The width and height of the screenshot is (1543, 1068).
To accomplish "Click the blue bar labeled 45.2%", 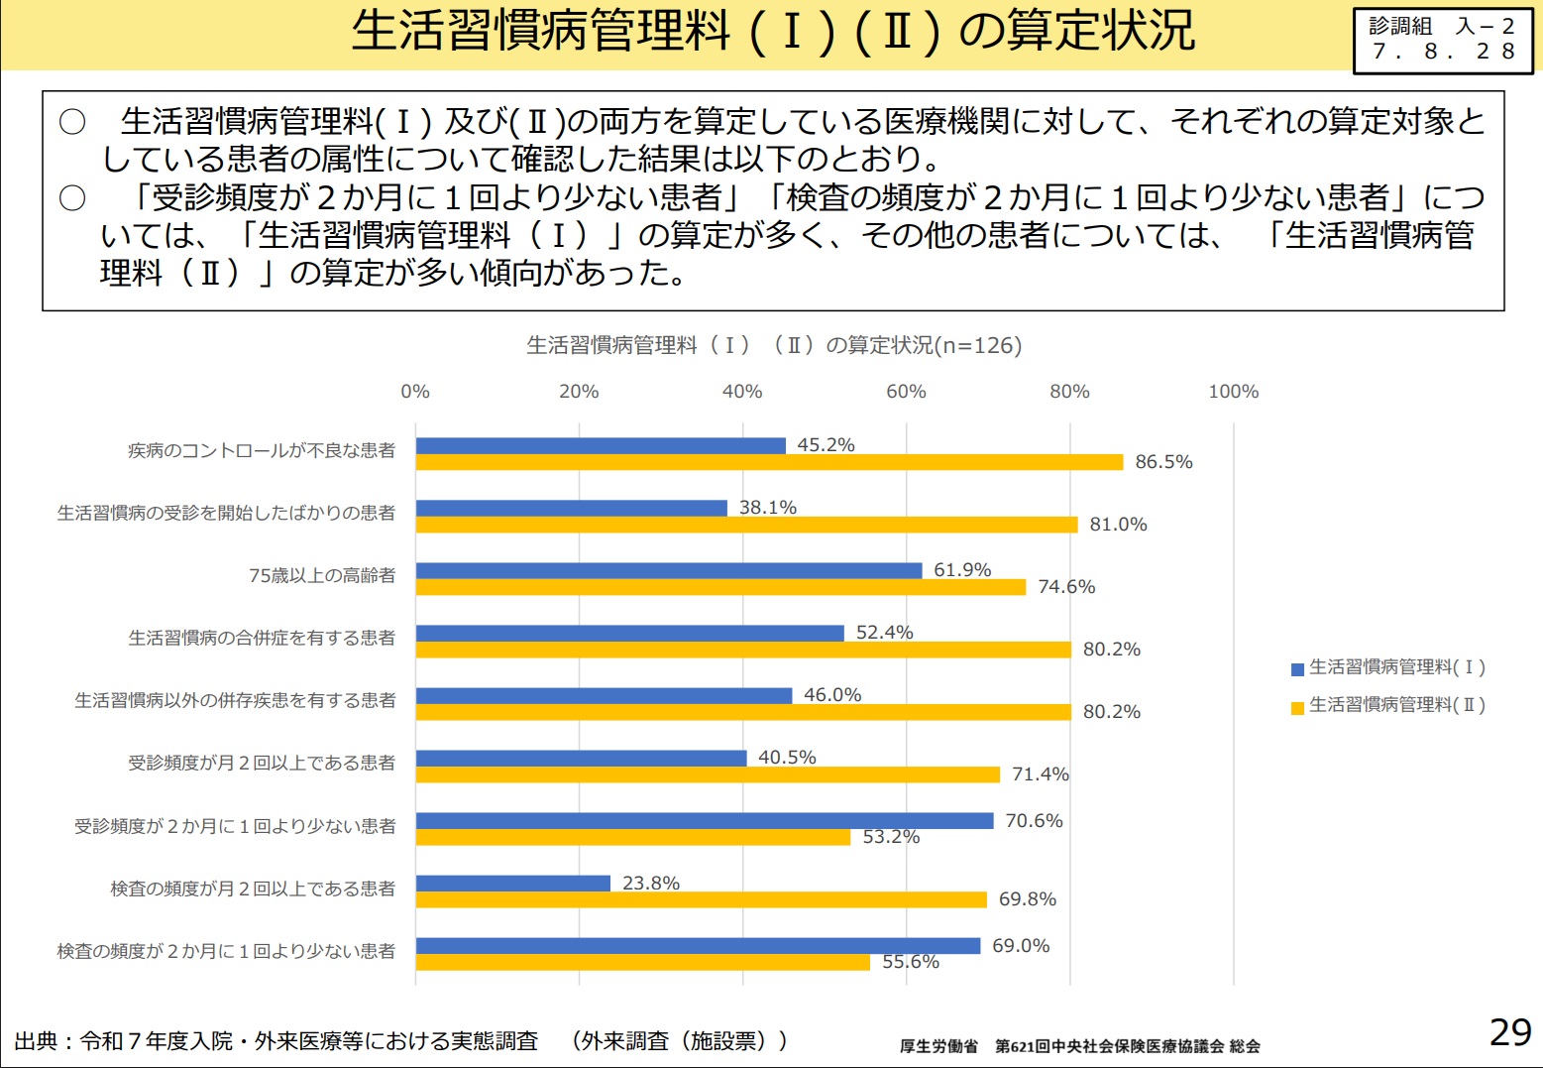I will (x=601, y=446).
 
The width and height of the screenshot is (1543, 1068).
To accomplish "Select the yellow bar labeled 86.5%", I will (x=769, y=462).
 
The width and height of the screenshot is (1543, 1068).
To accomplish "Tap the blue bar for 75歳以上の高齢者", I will (x=669, y=571).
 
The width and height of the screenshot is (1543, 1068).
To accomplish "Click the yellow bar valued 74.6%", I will (x=720, y=587).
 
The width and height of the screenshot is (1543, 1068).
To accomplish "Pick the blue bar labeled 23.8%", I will (x=513, y=884).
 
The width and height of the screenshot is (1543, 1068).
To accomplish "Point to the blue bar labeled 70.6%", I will (x=705, y=821).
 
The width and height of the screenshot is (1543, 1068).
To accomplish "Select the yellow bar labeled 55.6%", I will (x=642, y=962).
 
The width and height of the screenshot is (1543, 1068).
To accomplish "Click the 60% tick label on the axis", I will (x=906, y=392).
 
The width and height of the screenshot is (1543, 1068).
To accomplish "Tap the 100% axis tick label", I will (x=1233, y=392).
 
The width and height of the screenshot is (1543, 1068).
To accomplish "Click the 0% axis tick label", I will (x=415, y=392).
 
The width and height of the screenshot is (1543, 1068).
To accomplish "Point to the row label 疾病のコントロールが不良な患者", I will (x=262, y=451).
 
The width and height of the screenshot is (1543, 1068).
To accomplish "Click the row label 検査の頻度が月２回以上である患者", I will (x=253, y=889).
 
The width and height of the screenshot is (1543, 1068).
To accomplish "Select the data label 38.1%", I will (x=768, y=508).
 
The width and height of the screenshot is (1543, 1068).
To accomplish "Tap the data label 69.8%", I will (x=1028, y=899).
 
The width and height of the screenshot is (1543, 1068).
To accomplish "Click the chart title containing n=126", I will (x=773, y=345).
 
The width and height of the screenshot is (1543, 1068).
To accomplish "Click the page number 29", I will (x=1510, y=1032).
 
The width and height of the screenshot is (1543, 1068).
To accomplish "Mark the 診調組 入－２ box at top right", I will (x=1442, y=40).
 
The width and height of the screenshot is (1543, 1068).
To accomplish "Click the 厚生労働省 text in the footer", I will (x=938, y=1046).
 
